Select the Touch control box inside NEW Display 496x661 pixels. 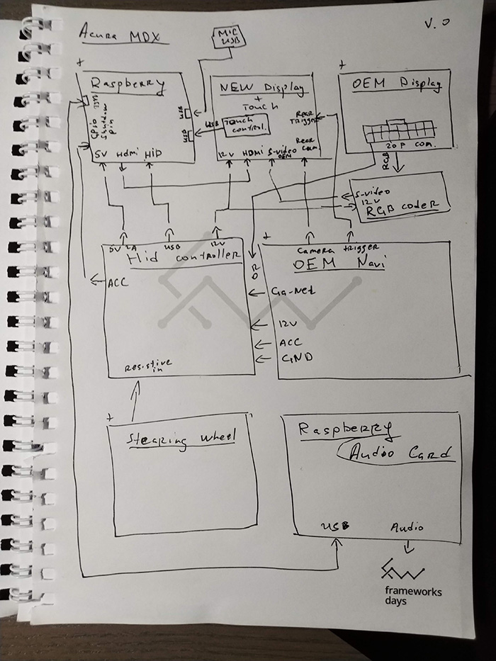point(246,125)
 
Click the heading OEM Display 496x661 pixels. point(397,84)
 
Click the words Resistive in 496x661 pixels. point(148,367)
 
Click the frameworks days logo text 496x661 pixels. point(413,596)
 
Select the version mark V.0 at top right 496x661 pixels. point(436,23)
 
